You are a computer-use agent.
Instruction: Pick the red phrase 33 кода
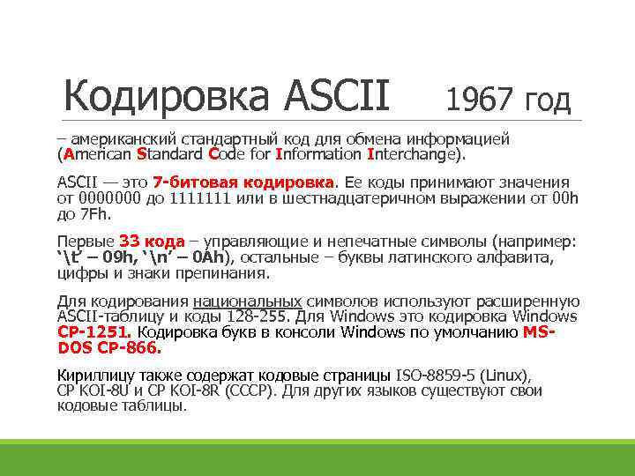[x=152, y=241]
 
